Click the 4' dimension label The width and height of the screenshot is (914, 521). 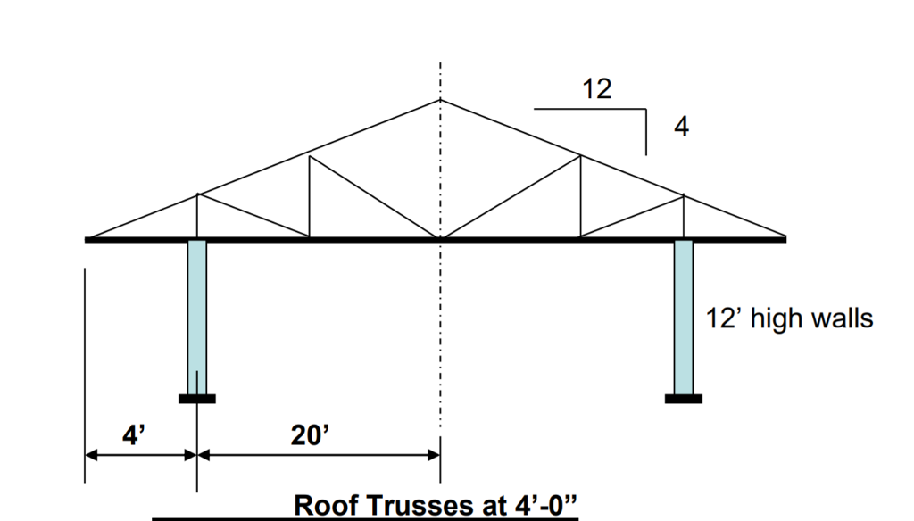point(134,435)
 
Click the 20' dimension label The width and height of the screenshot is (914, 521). point(310,435)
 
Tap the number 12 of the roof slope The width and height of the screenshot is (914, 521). point(597,89)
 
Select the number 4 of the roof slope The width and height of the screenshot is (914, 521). point(681,127)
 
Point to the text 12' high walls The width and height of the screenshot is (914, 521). point(789,318)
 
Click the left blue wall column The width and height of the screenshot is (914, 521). point(197,318)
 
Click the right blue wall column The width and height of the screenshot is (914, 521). point(684,318)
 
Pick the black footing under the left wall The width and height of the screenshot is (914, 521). point(197,399)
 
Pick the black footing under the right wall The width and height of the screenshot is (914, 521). point(684,399)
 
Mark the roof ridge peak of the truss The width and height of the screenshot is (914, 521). point(440,100)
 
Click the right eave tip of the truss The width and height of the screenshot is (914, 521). point(785,239)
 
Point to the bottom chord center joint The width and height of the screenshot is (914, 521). point(440,238)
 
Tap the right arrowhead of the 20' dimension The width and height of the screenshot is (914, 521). point(434,455)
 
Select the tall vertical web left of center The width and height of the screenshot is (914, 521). point(310,196)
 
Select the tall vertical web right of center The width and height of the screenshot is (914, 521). point(580,196)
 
